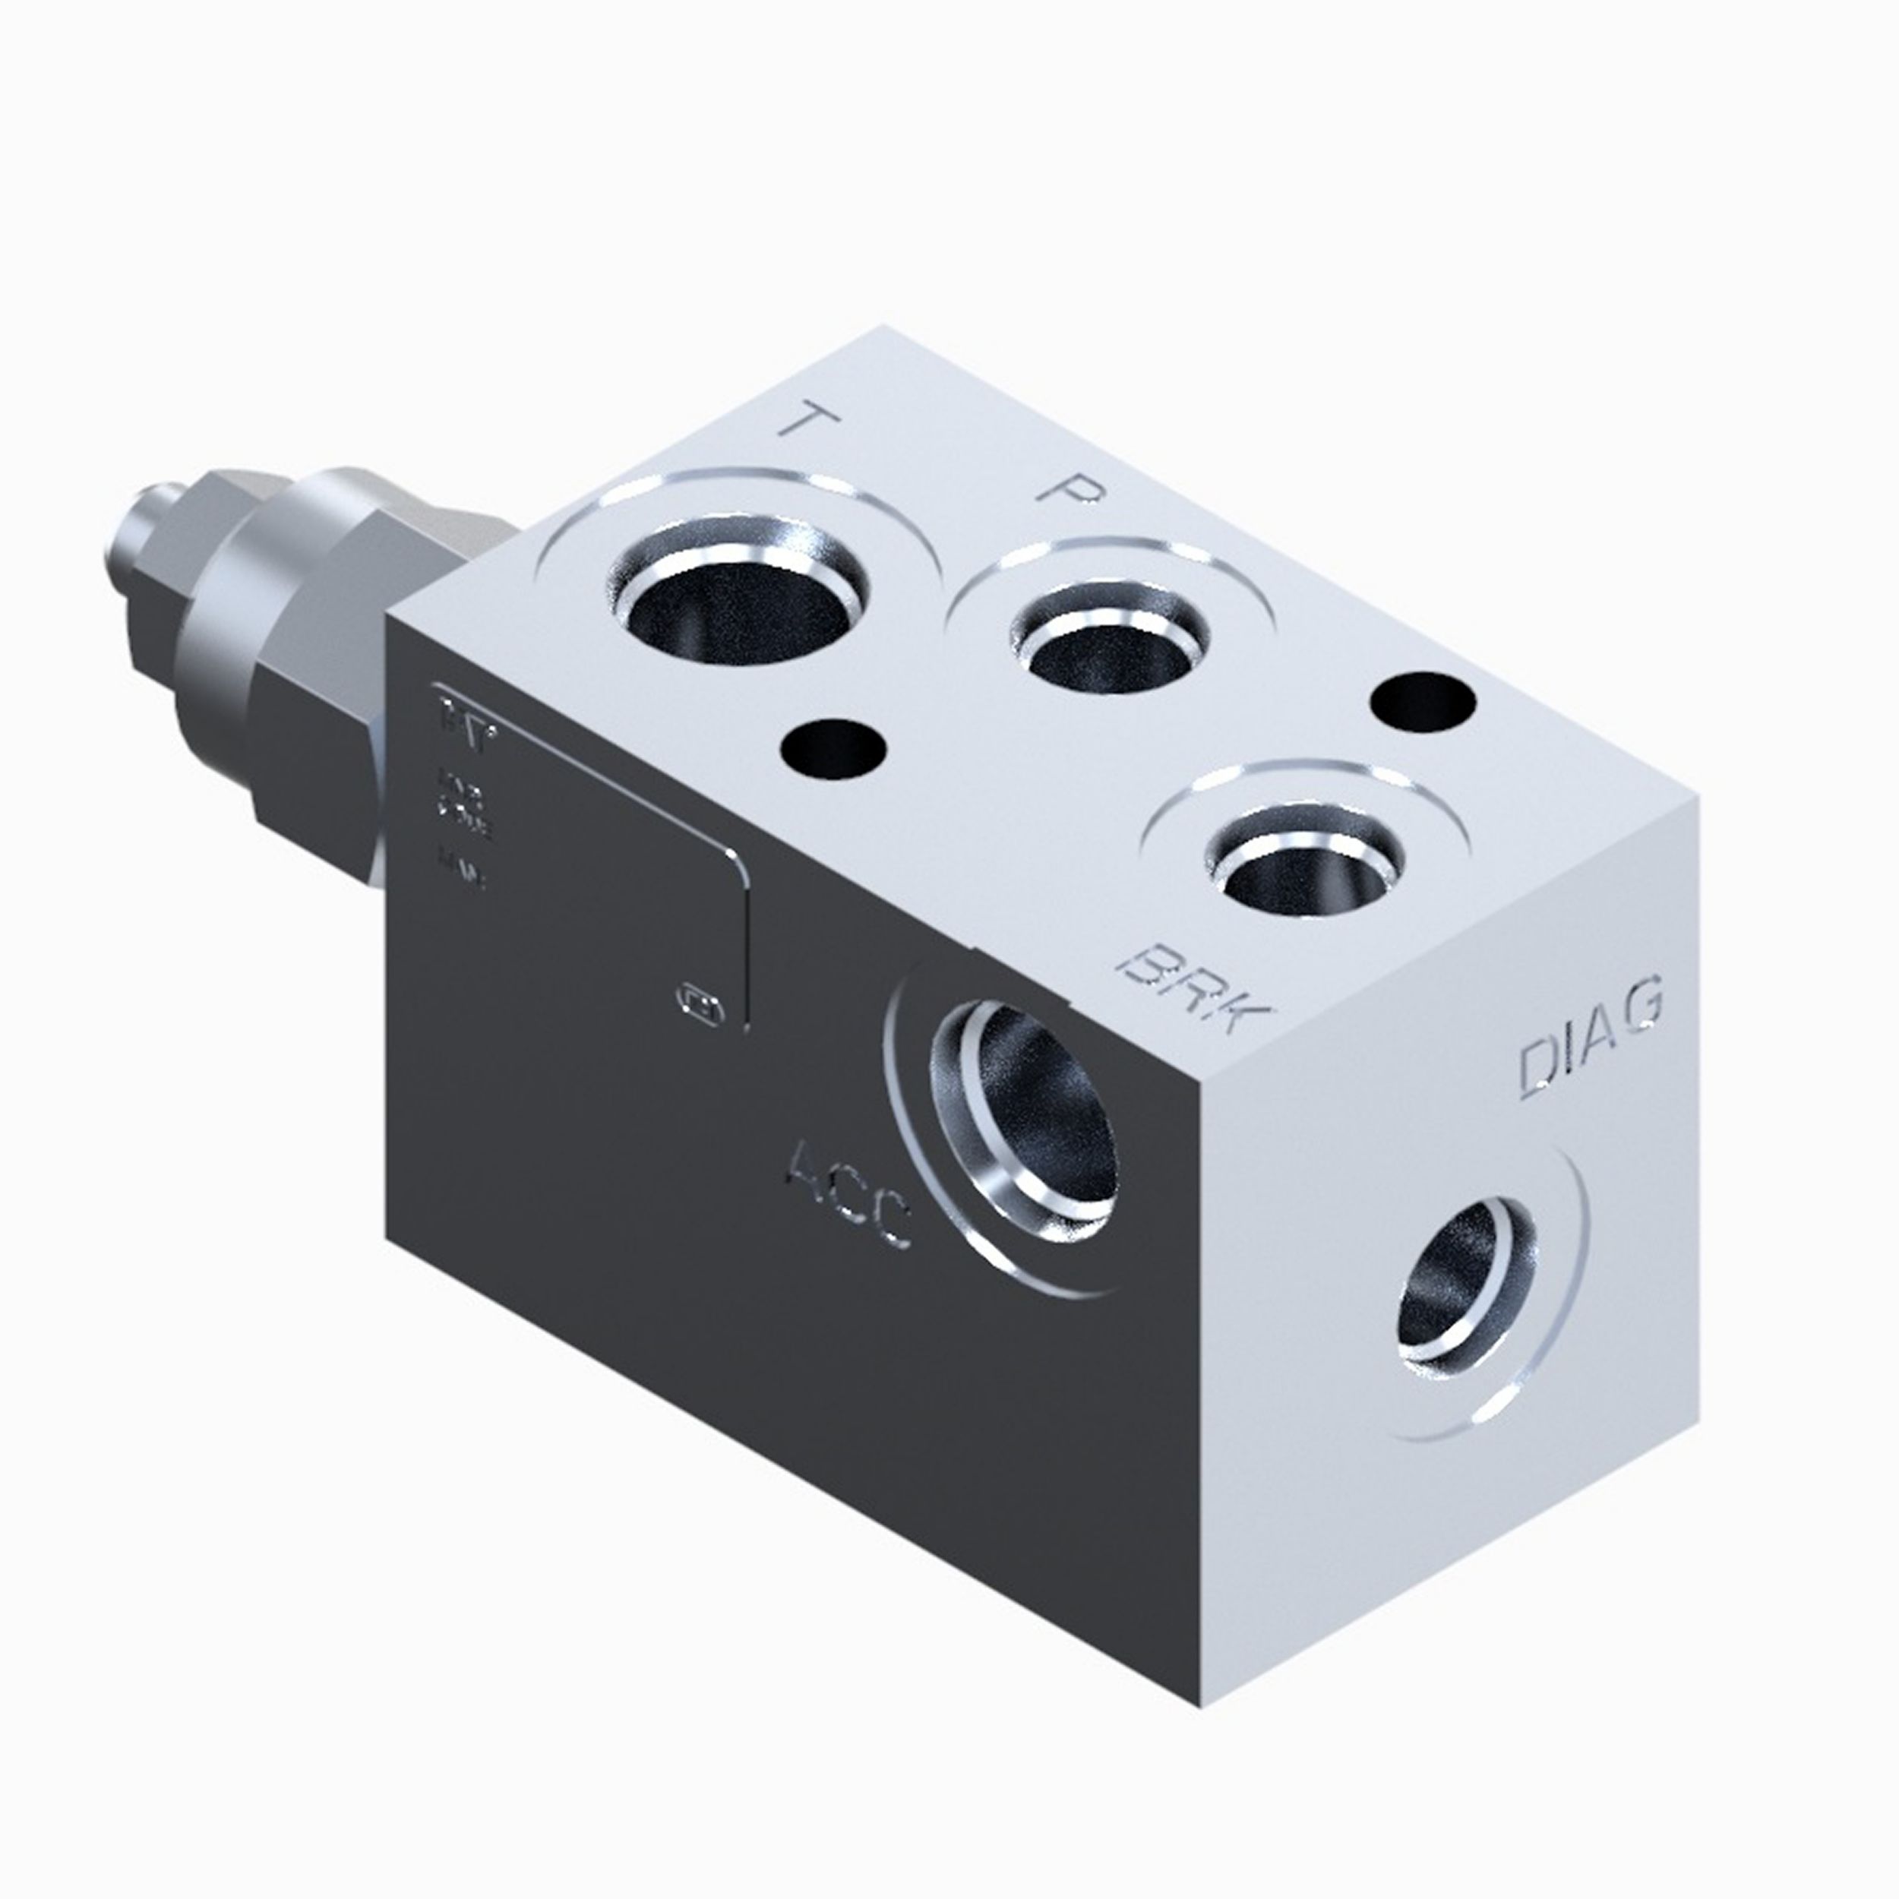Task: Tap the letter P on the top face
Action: [x=1066, y=489]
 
